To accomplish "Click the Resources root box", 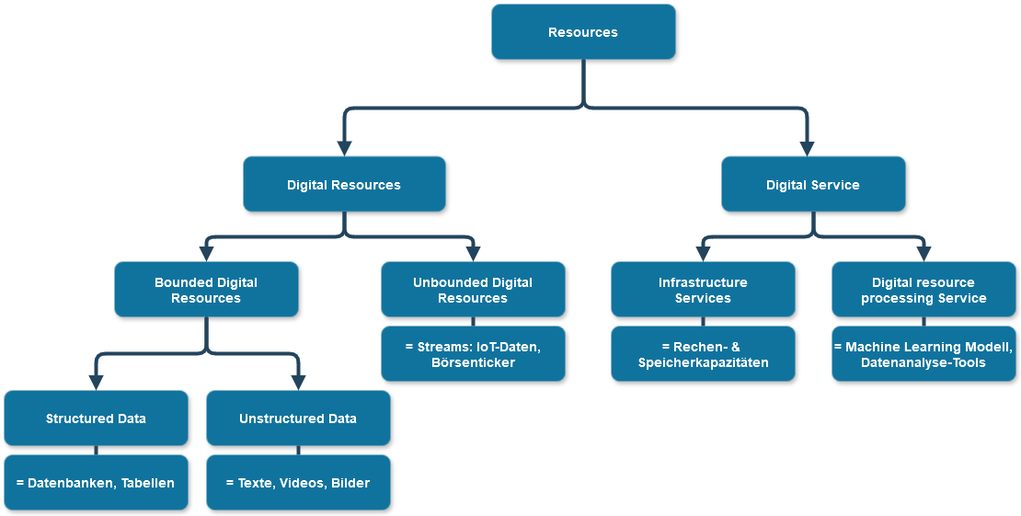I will click(583, 32).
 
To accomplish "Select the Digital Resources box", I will click(344, 185).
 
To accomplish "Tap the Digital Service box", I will click(813, 185).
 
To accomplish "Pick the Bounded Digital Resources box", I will click(206, 290).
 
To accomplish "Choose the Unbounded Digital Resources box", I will click(473, 290).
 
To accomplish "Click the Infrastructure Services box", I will click(703, 290).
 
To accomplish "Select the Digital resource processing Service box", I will click(923, 290).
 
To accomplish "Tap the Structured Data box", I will click(96, 419).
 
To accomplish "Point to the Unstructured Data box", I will click(298, 419).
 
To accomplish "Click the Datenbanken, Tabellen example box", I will click(96, 483).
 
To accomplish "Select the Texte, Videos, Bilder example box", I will click(298, 483).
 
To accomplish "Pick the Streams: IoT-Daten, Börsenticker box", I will click(473, 354).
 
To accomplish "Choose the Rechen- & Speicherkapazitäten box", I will click(703, 354).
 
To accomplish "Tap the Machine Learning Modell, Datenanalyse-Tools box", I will click(923, 354).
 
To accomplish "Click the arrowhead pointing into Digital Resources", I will click(345, 147).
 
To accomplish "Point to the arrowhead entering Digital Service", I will click(808, 147).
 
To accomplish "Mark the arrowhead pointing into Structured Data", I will click(96, 383).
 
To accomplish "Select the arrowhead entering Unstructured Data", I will click(298, 383).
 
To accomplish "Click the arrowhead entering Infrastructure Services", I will click(703, 254).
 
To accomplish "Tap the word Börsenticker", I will click(473, 362).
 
